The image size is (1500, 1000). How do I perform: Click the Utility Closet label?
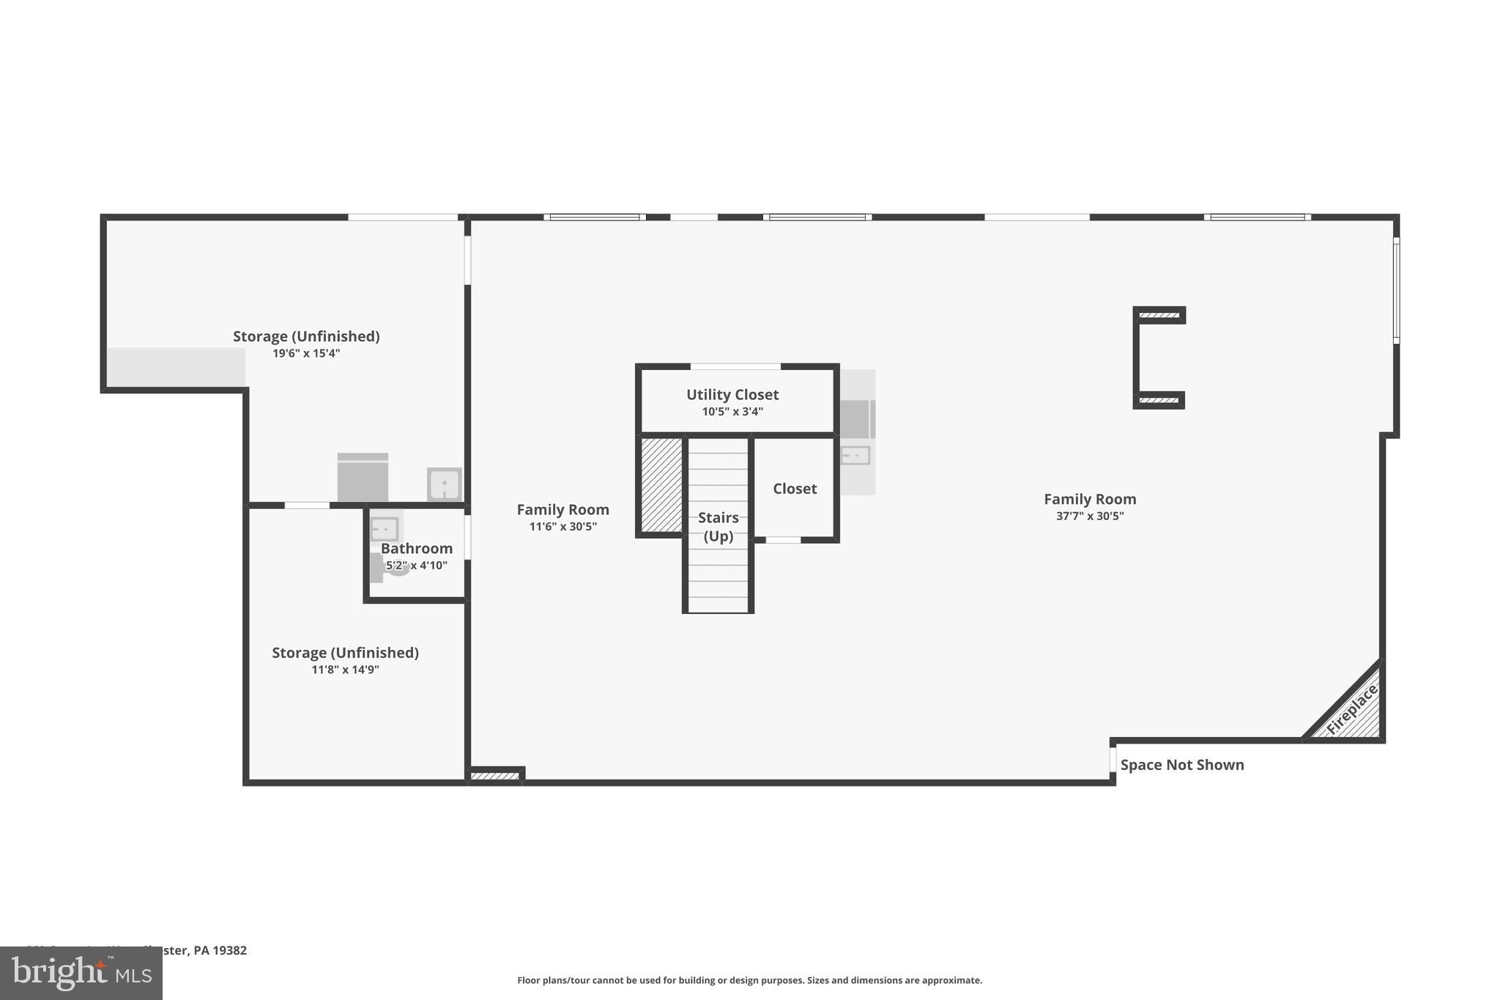tap(732, 395)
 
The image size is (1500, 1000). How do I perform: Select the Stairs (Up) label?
tap(718, 526)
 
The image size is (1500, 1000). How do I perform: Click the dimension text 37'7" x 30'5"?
tap(1089, 516)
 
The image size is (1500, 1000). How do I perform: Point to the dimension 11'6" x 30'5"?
tap(562, 526)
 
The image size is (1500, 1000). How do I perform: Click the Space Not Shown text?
tap(1181, 765)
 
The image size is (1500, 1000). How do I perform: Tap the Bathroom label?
tap(416, 548)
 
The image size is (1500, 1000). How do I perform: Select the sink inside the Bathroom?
tap(385, 528)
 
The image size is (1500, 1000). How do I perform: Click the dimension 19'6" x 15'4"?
tap(306, 353)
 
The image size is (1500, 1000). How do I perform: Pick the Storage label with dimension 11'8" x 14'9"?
tap(345, 652)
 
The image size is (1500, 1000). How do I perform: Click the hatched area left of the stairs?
tap(661, 484)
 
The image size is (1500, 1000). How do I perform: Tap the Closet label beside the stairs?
tap(794, 489)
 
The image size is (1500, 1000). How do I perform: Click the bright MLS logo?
tap(81, 973)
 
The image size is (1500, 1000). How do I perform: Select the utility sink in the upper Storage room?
tap(444, 484)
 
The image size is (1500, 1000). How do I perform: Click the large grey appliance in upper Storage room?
tap(363, 478)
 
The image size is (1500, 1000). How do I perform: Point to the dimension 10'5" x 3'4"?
tap(732, 412)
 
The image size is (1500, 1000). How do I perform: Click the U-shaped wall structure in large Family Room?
tap(1138, 358)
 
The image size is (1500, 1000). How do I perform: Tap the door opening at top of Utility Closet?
tap(735, 366)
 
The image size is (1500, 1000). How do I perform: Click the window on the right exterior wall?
tap(1396, 290)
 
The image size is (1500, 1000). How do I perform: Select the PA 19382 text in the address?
tap(220, 950)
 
